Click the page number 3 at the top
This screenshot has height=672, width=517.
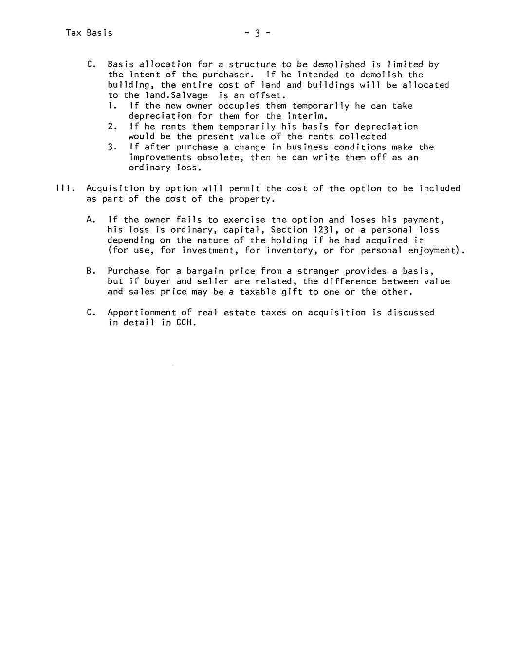[258, 33]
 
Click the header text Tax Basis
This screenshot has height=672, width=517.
[89, 33]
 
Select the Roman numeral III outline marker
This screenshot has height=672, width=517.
[64, 188]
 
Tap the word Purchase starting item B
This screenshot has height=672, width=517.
[129, 271]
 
